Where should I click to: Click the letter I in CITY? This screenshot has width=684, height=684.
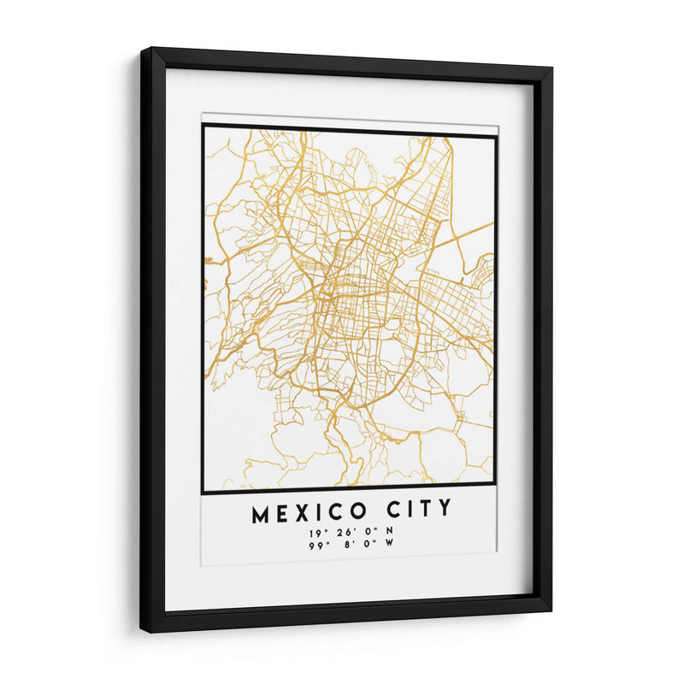click(409, 510)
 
